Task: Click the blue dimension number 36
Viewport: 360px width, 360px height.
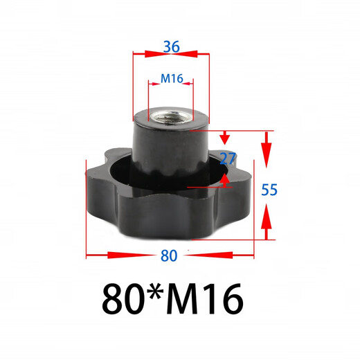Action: click(x=171, y=47)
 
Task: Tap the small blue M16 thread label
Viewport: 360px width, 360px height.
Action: click(x=171, y=79)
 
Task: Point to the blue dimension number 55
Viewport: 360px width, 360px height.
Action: click(x=269, y=189)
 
